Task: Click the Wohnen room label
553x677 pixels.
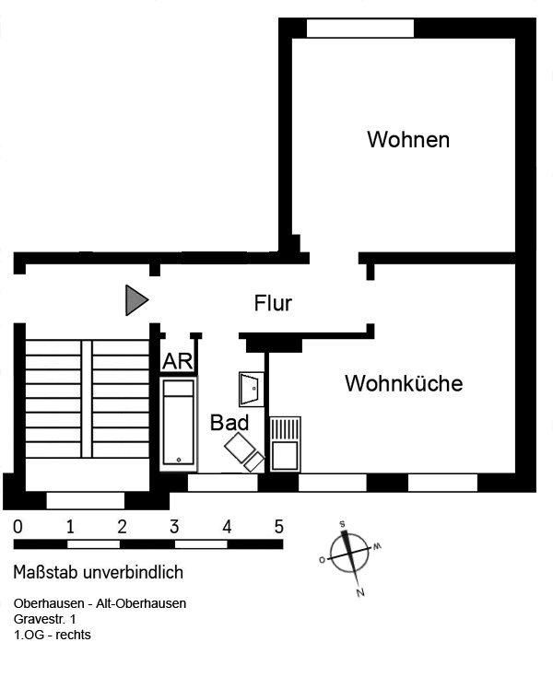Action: pyautogui.click(x=408, y=139)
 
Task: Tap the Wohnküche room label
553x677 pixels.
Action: pyautogui.click(x=404, y=383)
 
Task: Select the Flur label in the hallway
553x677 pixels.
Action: pyautogui.click(x=273, y=303)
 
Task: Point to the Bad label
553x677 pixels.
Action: pyautogui.click(x=229, y=423)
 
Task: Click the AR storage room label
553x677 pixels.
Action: pyautogui.click(x=178, y=361)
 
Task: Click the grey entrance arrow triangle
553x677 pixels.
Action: pyautogui.click(x=137, y=299)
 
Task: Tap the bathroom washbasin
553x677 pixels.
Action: pyautogui.click(x=251, y=389)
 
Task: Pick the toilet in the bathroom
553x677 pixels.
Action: pyautogui.click(x=244, y=451)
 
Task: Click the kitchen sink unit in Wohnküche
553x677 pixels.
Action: pyautogui.click(x=285, y=444)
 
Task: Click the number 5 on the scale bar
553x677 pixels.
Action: pyautogui.click(x=278, y=527)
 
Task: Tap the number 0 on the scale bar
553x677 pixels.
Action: pyautogui.click(x=18, y=527)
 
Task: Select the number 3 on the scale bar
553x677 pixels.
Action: pyautogui.click(x=174, y=527)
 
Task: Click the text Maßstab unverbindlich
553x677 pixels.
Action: pyautogui.click(x=99, y=573)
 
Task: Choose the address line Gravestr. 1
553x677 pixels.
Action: pyautogui.click(x=45, y=619)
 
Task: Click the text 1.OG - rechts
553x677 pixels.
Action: pyautogui.click(x=53, y=636)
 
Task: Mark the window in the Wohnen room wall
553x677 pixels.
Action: pyautogui.click(x=360, y=29)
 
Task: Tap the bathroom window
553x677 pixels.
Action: pyautogui.click(x=223, y=484)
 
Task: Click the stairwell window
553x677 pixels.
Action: pyautogui.click(x=86, y=501)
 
